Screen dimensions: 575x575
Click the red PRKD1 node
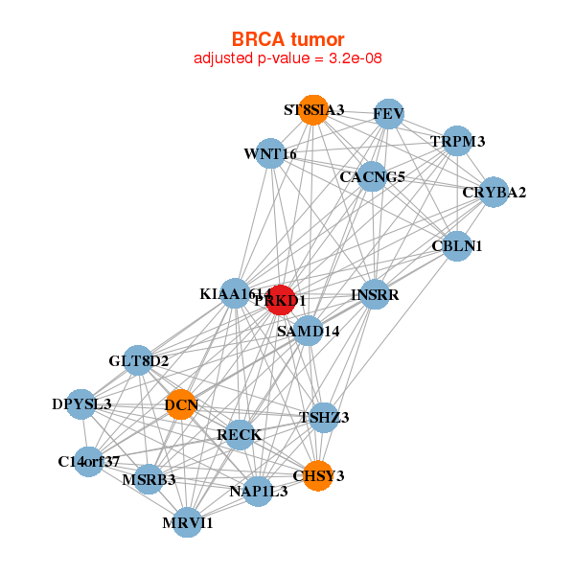(x=281, y=300)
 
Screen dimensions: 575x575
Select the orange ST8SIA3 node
(x=312, y=109)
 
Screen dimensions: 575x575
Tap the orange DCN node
(x=181, y=404)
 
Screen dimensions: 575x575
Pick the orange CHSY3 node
(x=318, y=475)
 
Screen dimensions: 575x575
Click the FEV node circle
(x=388, y=114)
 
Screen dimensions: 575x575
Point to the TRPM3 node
(x=458, y=142)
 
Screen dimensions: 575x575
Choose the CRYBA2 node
(x=494, y=192)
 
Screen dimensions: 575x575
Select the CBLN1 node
(x=457, y=246)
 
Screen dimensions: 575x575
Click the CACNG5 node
(x=372, y=176)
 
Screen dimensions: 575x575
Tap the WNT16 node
(x=270, y=153)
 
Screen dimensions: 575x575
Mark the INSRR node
(x=374, y=294)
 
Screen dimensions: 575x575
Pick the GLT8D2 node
(x=138, y=361)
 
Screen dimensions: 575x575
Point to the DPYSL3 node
(x=81, y=403)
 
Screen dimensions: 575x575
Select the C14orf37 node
(x=88, y=462)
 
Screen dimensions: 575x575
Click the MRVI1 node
(x=188, y=522)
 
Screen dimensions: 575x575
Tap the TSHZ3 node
(x=324, y=417)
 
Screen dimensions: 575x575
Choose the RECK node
(x=240, y=435)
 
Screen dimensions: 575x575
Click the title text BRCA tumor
(x=287, y=39)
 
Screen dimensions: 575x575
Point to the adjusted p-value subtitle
(x=287, y=58)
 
